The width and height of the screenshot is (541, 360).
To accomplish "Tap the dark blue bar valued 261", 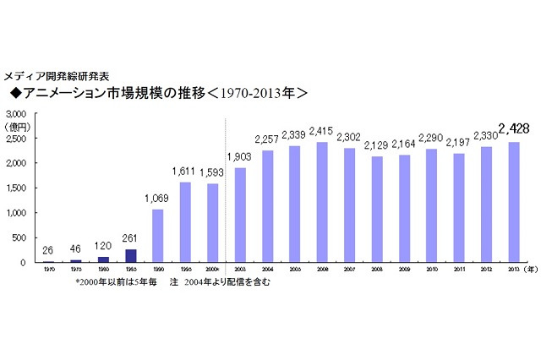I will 130,255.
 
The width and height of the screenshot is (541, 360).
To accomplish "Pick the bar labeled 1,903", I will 240,215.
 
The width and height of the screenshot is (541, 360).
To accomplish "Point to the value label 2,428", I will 514,129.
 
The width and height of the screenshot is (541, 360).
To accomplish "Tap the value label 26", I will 47,250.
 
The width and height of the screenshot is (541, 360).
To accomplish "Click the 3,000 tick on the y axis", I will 17,113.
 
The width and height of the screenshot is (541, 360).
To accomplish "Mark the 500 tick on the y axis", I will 21,237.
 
